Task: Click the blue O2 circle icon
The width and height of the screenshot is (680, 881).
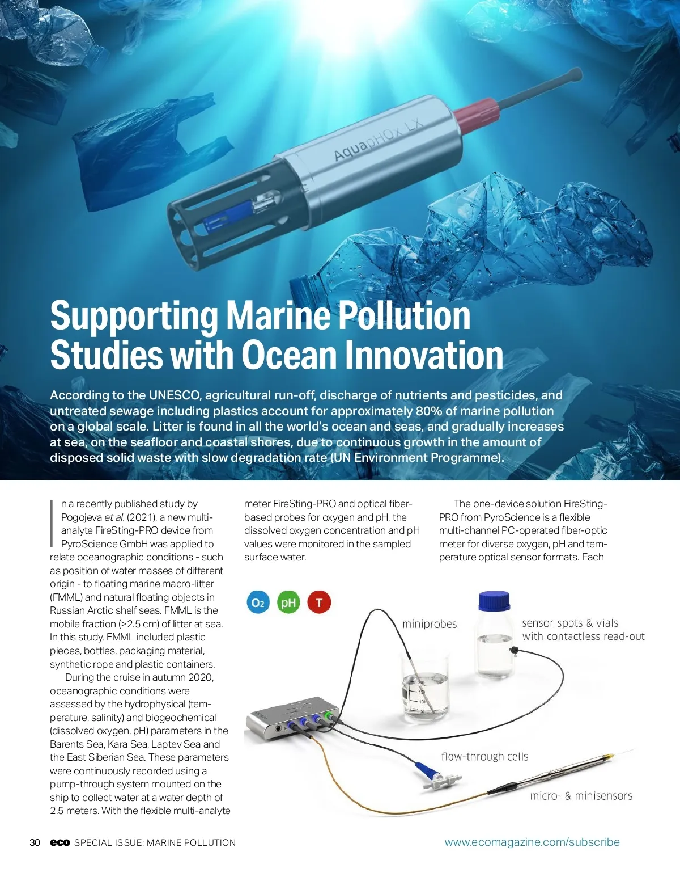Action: click(x=258, y=602)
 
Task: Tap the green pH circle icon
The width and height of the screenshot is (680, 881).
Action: click(x=288, y=602)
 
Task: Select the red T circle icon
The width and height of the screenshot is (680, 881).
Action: click(x=319, y=602)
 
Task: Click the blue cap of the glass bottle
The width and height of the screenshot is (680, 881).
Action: click(x=494, y=601)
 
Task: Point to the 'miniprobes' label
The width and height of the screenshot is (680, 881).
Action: click(x=430, y=624)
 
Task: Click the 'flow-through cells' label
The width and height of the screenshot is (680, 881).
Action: click(x=484, y=757)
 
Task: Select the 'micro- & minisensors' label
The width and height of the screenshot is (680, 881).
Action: click(x=581, y=796)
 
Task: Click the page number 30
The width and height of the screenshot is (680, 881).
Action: click(x=35, y=842)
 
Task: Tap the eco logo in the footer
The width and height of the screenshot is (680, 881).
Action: click(x=59, y=842)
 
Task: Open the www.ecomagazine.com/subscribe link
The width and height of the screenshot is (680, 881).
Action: click(x=532, y=842)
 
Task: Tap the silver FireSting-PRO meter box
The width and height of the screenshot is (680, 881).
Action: click(x=292, y=718)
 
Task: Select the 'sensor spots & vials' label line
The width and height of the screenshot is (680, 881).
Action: click(x=570, y=623)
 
